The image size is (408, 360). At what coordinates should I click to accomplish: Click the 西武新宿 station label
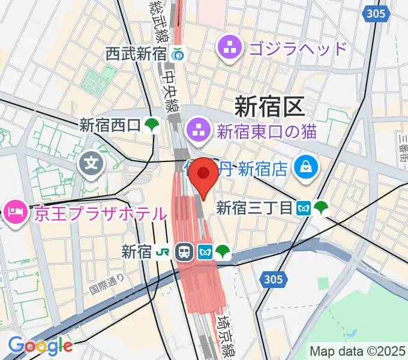[x=136, y=53]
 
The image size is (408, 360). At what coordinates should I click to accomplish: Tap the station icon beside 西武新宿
[x=178, y=53]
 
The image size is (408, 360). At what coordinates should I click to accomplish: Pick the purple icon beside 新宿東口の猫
[x=196, y=128]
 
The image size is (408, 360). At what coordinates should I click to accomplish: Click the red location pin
[x=205, y=176]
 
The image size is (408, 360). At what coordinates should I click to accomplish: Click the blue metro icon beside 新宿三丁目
[x=304, y=208]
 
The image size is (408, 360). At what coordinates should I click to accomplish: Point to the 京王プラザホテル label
[x=100, y=213]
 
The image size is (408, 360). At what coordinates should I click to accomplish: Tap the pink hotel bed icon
[x=13, y=211]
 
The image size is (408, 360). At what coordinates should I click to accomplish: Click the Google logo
[x=40, y=346]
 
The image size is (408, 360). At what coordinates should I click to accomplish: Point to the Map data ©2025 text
[x=356, y=350]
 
